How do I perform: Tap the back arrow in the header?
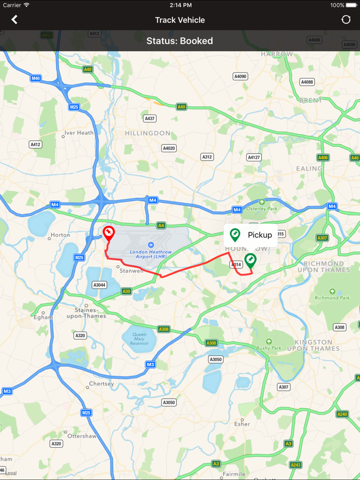(x=14, y=20)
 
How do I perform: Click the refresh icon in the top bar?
(x=346, y=20)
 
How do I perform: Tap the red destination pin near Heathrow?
(x=109, y=233)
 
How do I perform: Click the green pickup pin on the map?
(x=250, y=261)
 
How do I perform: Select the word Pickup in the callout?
(x=260, y=235)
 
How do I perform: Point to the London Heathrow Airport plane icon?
(x=150, y=245)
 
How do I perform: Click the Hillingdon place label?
(x=148, y=133)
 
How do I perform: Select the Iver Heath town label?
(x=80, y=133)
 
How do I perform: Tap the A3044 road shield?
(x=99, y=285)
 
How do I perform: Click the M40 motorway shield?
(x=35, y=79)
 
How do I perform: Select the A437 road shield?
(x=150, y=119)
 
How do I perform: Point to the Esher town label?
(x=242, y=424)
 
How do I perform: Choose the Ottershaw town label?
(x=82, y=436)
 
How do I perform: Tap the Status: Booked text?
(x=179, y=41)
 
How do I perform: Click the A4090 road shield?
(x=240, y=77)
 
